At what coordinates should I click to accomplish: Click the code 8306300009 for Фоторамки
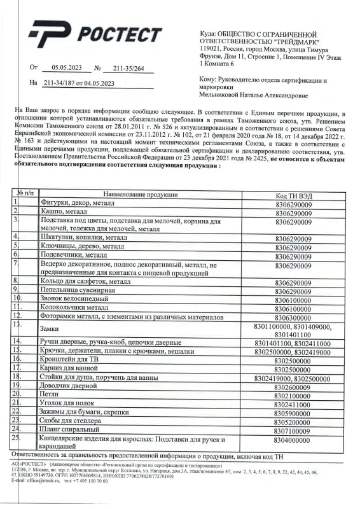click(293, 316)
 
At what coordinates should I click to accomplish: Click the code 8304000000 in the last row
click(293, 440)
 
